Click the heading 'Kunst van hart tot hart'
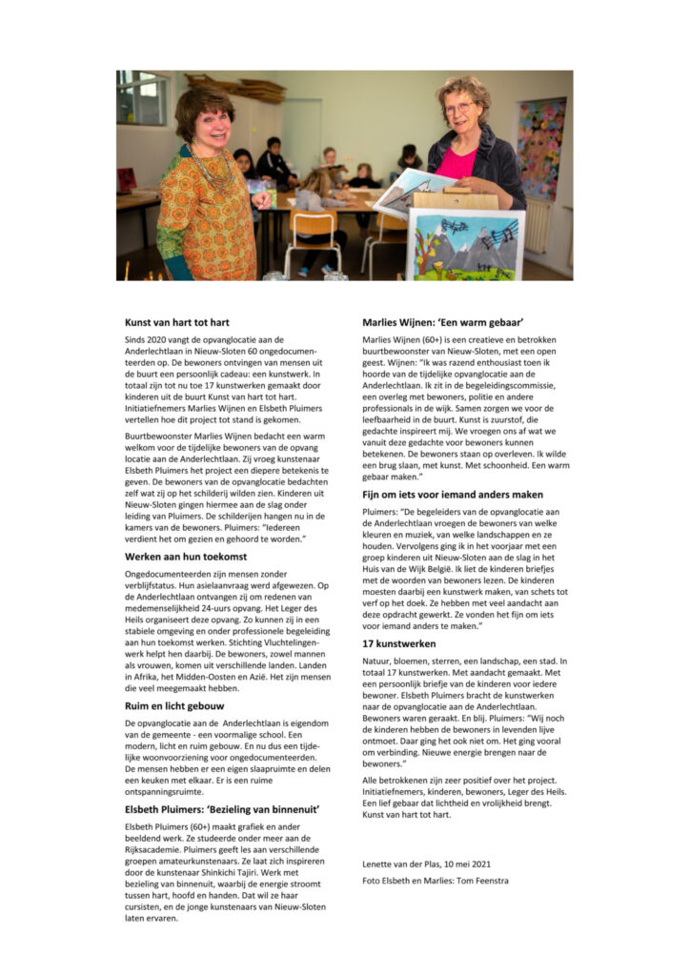click(x=176, y=322)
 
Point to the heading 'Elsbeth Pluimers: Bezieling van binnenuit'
click(x=221, y=808)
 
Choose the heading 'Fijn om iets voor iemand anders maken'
click(x=453, y=494)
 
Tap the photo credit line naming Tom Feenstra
click(x=436, y=881)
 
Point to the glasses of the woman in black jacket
click(x=458, y=108)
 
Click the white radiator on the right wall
click(x=539, y=227)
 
